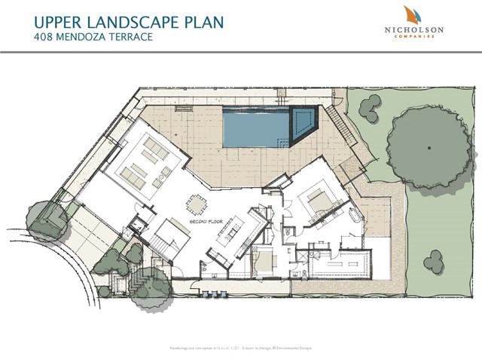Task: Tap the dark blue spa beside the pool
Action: (x=304, y=123)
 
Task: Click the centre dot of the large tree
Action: (x=429, y=143)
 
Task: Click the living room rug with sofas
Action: (x=145, y=164)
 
